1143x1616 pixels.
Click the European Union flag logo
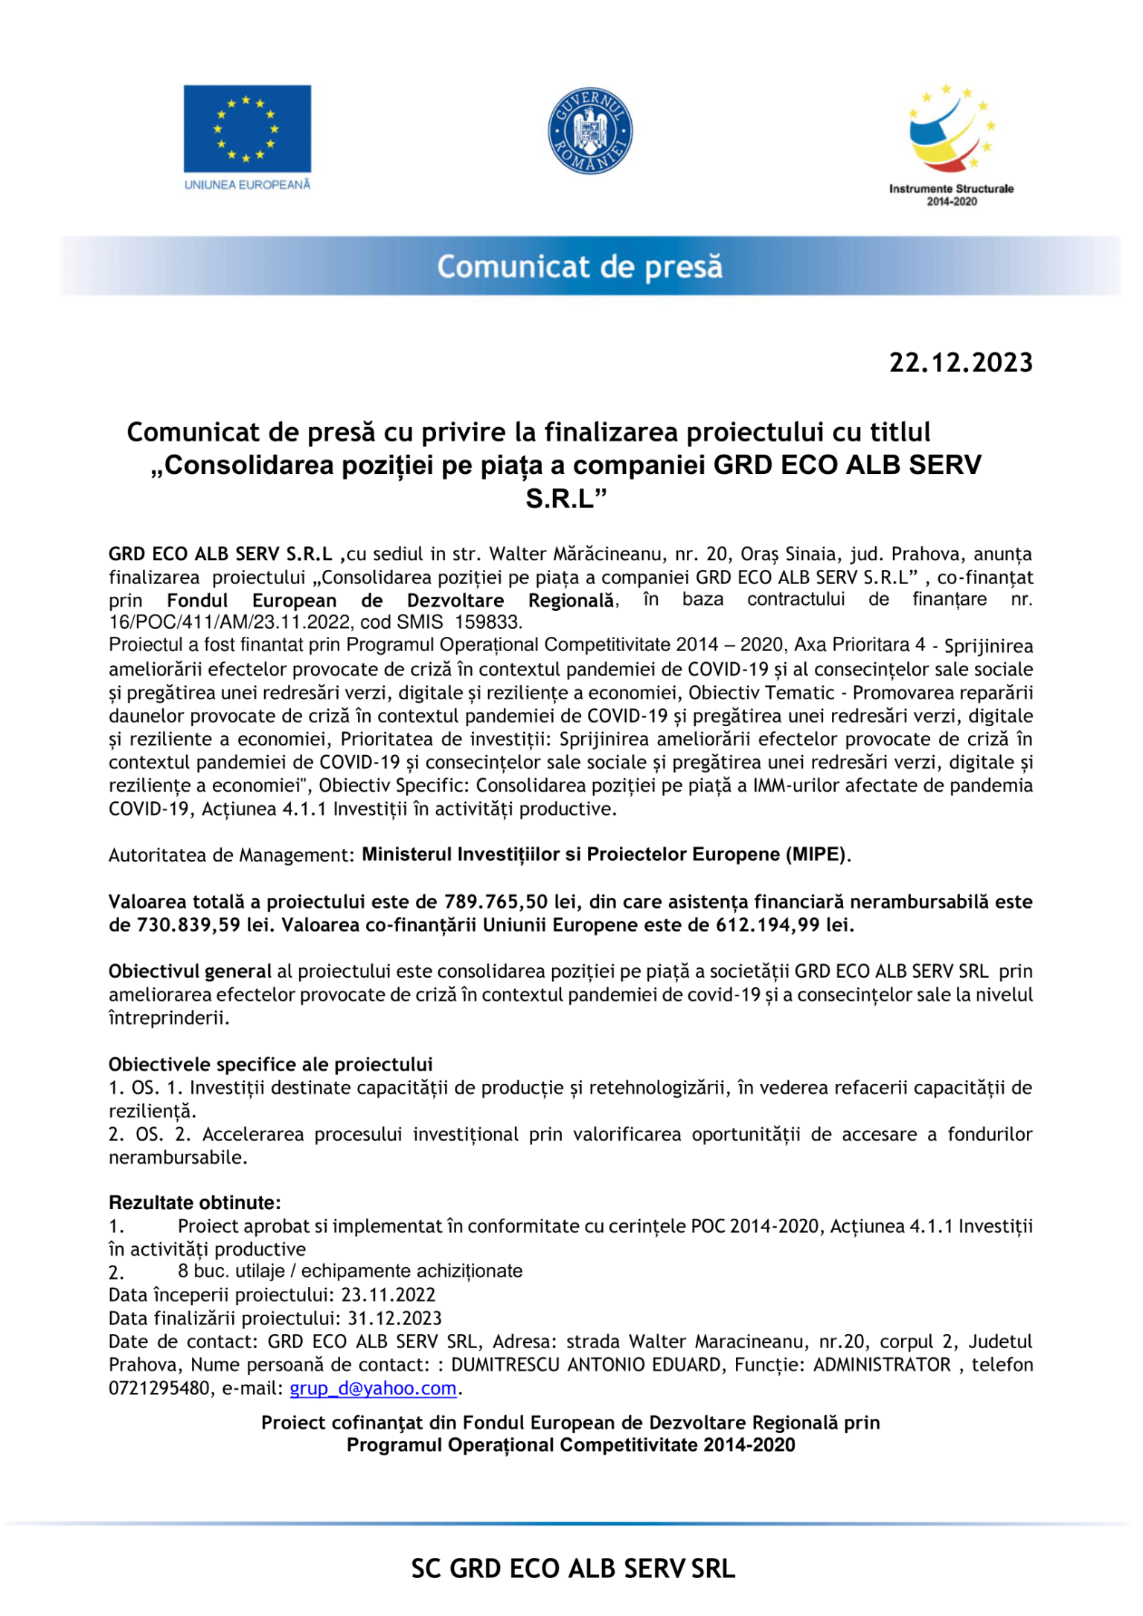click(x=247, y=129)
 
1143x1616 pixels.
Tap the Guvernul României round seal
click(x=589, y=131)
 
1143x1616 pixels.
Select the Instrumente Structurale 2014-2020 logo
click(x=951, y=144)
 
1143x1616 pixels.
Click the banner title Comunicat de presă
click(x=580, y=266)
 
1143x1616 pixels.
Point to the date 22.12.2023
click(x=961, y=362)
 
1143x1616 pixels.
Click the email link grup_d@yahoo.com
click(x=373, y=1388)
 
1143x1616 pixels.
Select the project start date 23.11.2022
click(x=388, y=1295)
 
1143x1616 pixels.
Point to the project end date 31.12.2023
click(x=395, y=1318)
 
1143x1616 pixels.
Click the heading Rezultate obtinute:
click(x=195, y=1202)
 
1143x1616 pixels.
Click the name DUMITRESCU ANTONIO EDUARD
click(x=586, y=1365)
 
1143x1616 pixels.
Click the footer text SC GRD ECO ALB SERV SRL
click(x=573, y=1568)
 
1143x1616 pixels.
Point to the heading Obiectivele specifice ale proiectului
click(x=271, y=1064)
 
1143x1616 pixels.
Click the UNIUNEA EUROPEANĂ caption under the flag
click(x=247, y=185)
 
